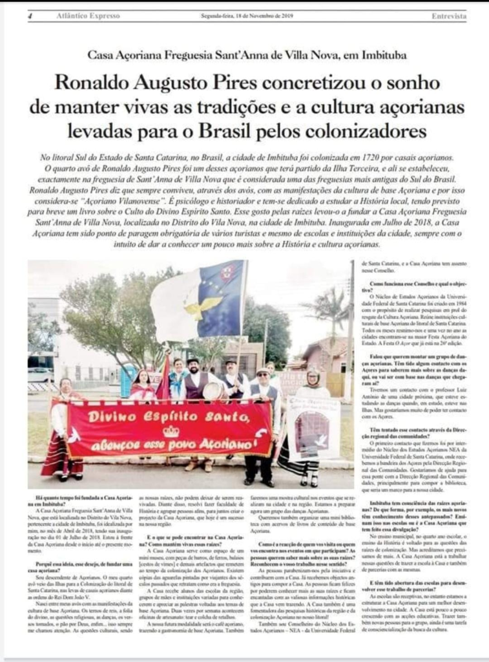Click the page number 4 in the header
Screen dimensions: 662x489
[30, 17]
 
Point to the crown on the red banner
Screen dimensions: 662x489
[170, 430]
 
